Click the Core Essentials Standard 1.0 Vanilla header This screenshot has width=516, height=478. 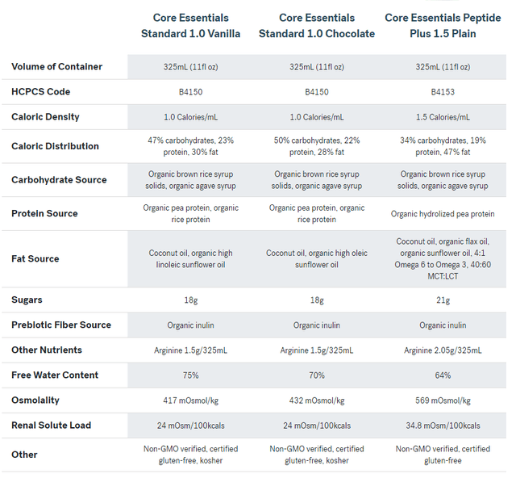[x=191, y=26]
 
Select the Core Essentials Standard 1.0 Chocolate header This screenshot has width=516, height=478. [x=317, y=26]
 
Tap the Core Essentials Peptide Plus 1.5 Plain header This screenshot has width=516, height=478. [x=443, y=26]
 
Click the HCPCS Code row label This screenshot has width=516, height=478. [x=41, y=92]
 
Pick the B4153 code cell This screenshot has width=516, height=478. [x=443, y=92]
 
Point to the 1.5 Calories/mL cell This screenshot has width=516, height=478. [x=443, y=117]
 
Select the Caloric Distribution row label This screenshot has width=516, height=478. [x=56, y=146]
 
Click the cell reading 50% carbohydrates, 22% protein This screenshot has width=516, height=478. [x=317, y=146]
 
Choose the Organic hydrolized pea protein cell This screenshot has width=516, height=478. [x=443, y=214]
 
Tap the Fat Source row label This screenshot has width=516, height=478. [x=35, y=258]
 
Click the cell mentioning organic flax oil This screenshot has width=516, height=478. [x=443, y=258]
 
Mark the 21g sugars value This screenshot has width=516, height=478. [x=443, y=300]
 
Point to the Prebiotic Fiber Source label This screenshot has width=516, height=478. [x=61, y=325]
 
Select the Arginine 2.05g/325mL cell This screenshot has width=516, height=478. [x=443, y=350]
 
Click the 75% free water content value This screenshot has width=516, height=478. [x=191, y=375]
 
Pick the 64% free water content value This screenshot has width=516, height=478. [x=443, y=375]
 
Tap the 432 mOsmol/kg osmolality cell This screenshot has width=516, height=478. [x=317, y=400]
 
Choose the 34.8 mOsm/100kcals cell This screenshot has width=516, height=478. [x=443, y=426]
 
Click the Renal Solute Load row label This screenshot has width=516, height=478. [x=52, y=426]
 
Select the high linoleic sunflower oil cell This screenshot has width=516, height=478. [x=191, y=258]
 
